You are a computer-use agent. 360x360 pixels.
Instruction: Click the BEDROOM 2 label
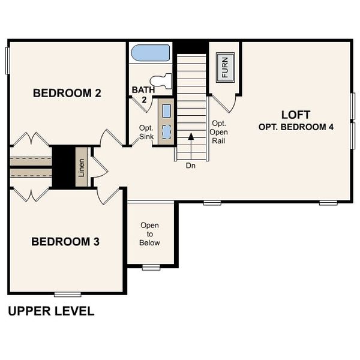coord(67,94)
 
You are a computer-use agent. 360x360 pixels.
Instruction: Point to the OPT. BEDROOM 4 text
coord(296,127)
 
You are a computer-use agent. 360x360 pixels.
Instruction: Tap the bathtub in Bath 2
coord(151,52)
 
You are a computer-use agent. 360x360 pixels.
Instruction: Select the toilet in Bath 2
coord(162,80)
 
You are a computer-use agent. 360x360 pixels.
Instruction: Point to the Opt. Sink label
coord(146,131)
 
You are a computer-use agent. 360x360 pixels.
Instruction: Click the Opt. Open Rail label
coord(217,133)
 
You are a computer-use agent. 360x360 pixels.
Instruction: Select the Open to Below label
coord(150,234)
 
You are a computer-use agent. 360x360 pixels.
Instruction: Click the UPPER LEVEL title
coord(51,311)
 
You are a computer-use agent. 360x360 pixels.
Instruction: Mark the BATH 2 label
coord(143,94)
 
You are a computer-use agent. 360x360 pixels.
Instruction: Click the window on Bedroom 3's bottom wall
coord(67,294)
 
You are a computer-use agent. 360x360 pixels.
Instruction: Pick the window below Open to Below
coord(151,267)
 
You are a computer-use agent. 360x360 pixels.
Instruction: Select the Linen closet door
coord(98,171)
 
